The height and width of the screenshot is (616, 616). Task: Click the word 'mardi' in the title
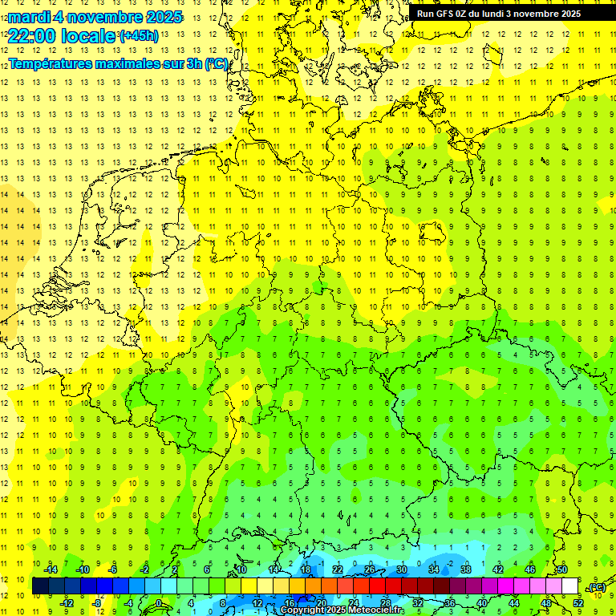point(30,17)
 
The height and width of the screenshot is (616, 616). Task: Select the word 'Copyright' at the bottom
point(302,610)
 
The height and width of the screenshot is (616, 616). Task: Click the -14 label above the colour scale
point(51,569)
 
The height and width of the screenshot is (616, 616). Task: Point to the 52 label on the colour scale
point(578,602)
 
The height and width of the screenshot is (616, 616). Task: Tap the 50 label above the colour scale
point(561,569)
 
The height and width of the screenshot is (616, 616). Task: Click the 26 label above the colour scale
point(369,569)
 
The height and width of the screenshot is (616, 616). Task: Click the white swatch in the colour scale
point(570,586)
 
